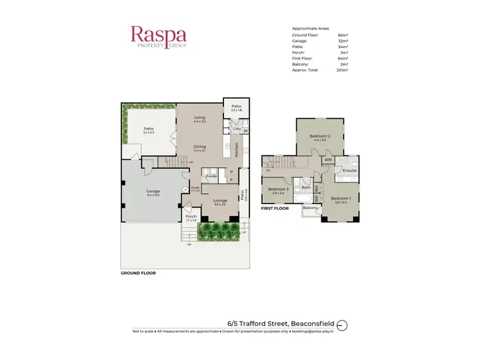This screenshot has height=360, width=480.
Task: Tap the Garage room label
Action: click(152, 191)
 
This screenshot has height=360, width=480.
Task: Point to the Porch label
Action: click(191, 216)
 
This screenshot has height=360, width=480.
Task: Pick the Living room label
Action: click(200, 118)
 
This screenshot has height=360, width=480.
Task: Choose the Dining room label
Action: click(200, 146)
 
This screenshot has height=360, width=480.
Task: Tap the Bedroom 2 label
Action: click(320, 136)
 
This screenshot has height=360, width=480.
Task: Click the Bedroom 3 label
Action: click(278, 189)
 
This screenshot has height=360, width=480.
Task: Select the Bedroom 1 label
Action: click(340, 198)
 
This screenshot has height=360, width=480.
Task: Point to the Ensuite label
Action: click(349, 171)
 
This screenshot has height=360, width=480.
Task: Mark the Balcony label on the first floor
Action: click(310, 208)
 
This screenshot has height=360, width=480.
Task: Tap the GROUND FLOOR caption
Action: click(138, 273)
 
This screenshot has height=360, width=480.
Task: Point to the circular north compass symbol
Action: click(341, 325)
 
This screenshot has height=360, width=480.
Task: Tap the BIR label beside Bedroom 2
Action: click(328, 160)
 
